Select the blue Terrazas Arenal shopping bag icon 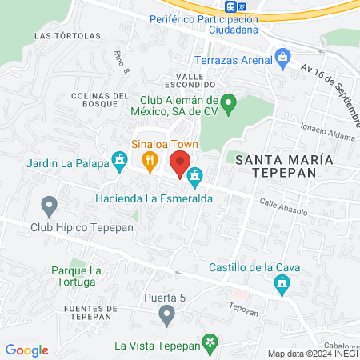point(282,56)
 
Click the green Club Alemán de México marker point(227,102)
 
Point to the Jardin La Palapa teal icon point(120,162)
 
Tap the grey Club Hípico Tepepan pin point(50,206)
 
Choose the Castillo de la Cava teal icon point(282,283)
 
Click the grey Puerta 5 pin point(166,316)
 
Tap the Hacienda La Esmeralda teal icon point(194,175)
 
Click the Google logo point(27,350)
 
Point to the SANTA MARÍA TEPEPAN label point(283,166)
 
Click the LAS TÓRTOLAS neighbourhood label point(68,36)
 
